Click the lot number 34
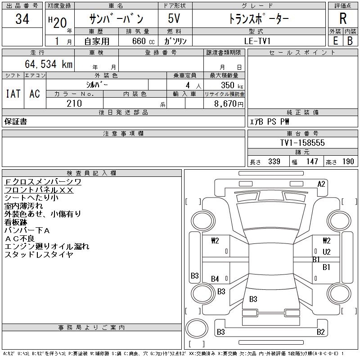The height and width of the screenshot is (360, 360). point(22,19)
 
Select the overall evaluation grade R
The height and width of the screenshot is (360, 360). point(343,19)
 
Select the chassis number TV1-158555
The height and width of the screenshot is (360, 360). point(302,143)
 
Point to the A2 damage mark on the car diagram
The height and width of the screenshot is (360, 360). point(321,184)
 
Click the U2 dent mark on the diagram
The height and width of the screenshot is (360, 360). point(326,252)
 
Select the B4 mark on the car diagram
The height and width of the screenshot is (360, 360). point(215,279)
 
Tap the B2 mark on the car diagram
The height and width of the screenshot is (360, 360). point(320,332)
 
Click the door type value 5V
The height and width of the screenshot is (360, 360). point(175,19)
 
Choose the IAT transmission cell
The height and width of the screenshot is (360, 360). point(13,94)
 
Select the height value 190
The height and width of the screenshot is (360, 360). point(348,162)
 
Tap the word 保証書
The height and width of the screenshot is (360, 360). point(16,121)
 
